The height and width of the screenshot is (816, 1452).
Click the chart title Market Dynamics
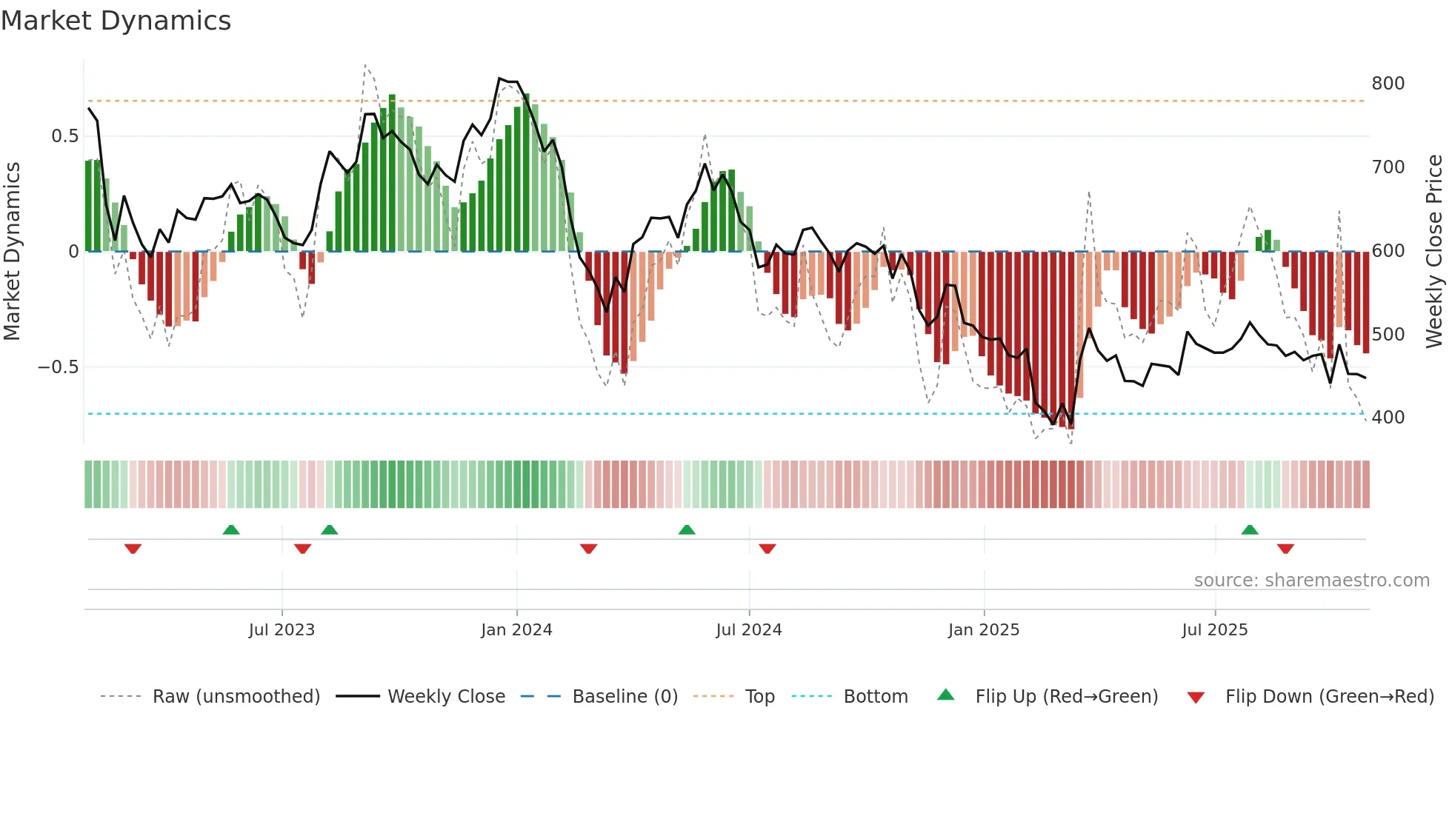pos(116,21)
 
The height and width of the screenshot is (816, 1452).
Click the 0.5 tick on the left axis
pos(64,136)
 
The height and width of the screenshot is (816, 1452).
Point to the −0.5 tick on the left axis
pos(59,367)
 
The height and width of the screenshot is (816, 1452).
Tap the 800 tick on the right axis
pos(1388,84)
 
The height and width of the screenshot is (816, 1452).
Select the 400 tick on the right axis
pos(1388,418)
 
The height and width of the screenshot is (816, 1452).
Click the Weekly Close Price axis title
pos(1434,252)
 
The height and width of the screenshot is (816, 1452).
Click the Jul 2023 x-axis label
pos(282,630)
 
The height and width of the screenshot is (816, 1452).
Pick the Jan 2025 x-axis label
pos(983,630)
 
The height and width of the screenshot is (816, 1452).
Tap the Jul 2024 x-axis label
pos(748,630)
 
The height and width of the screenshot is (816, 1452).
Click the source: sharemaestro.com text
pos(1311,581)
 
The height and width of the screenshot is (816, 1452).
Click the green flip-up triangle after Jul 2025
pos(1250,530)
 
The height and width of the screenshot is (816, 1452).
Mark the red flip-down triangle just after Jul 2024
pos(767,549)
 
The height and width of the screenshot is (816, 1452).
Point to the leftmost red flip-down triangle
pos(133,549)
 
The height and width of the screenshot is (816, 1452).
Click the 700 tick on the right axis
pos(1388,167)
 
